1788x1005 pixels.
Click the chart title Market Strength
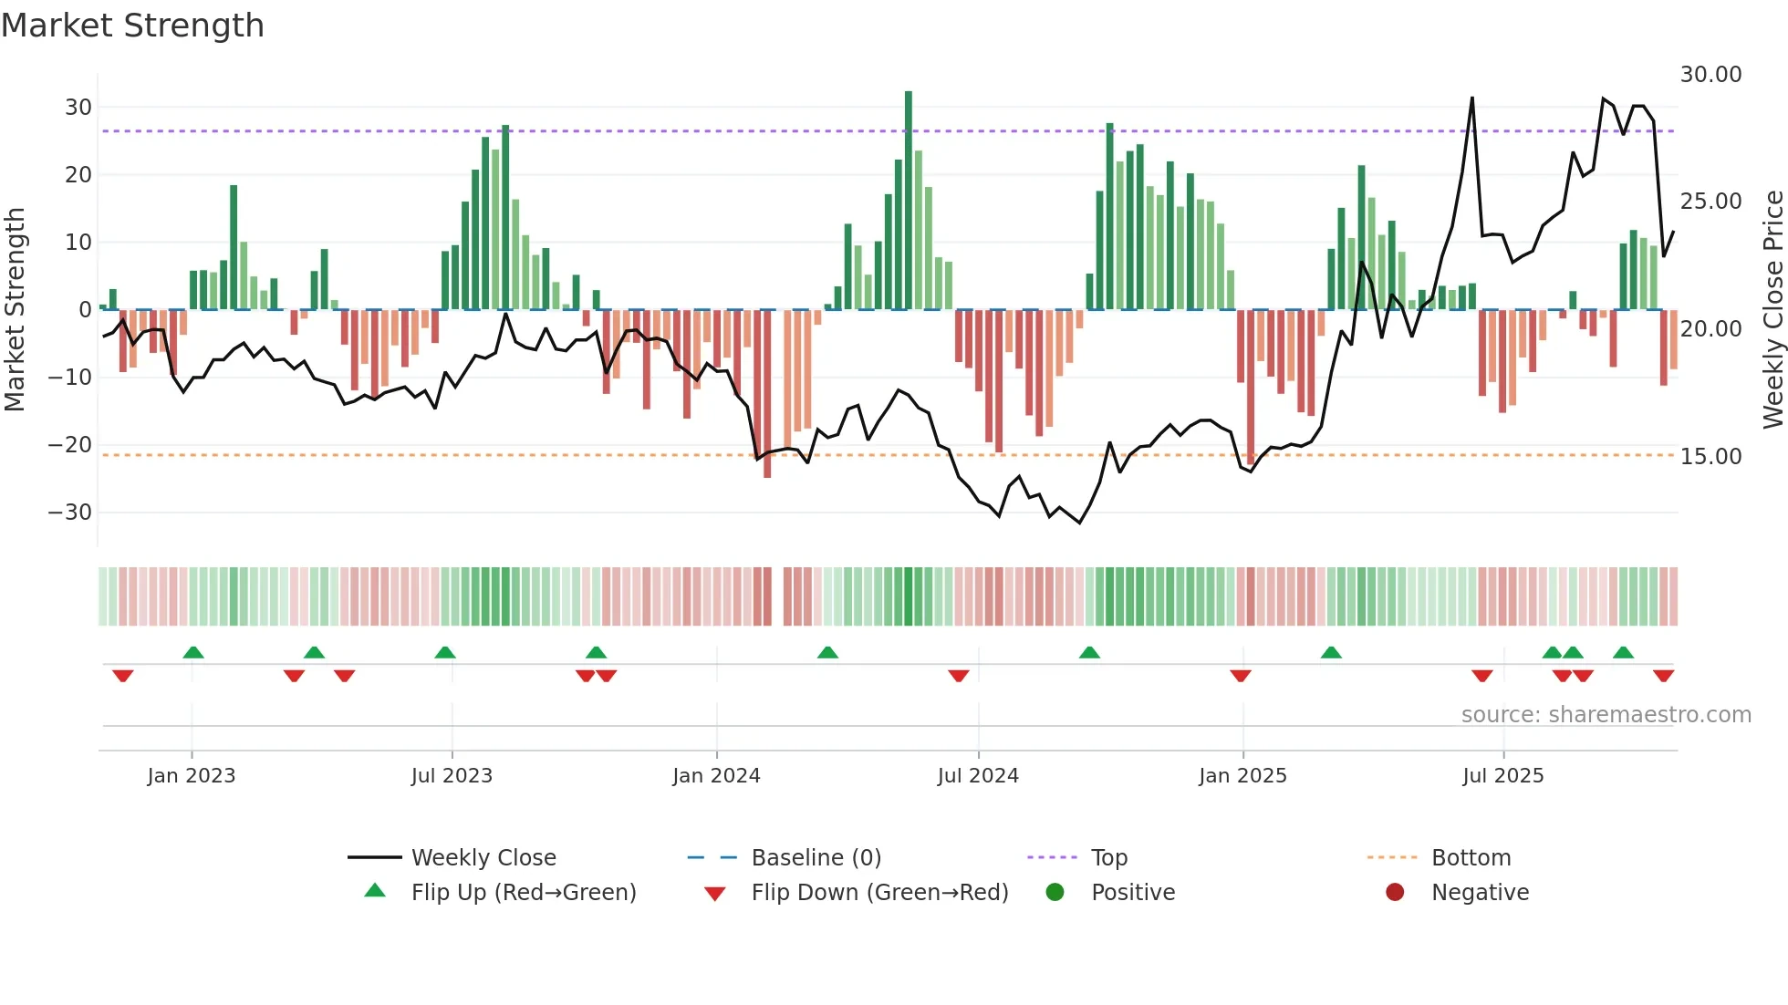pos(132,26)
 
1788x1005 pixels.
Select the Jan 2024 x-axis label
pos(716,776)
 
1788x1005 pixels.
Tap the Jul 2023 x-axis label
pos(452,776)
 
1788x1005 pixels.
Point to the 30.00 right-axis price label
pos(1710,75)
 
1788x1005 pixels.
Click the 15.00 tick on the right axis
pos(1710,457)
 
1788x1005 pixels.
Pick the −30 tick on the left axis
pos(70,513)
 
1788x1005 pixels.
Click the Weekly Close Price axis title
pos(1772,310)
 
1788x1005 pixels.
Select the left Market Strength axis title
pos(15,310)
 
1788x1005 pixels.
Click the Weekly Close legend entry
pos(483,858)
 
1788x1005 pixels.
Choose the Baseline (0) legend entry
pos(816,858)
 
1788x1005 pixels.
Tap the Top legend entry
pos(1108,858)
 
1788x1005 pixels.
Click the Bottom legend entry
pos(1471,858)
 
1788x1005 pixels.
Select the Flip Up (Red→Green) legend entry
pos(523,893)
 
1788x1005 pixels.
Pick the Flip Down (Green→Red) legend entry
pos(879,893)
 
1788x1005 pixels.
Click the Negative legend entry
pos(1479,893)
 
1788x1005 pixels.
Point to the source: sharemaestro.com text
pos(1606,715)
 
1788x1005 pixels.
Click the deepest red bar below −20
pos(767,394)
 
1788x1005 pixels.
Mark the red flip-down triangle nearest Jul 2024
pos(958,676)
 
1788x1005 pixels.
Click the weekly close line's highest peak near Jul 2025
pos(1471,98)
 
